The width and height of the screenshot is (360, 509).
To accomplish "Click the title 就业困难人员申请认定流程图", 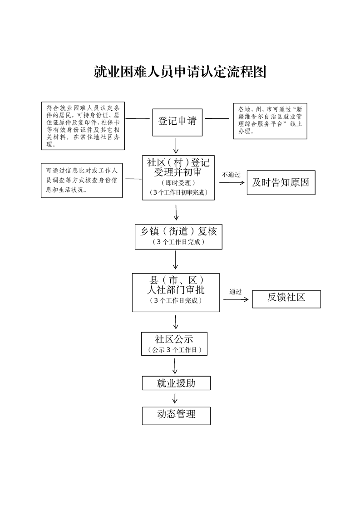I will point(180,72).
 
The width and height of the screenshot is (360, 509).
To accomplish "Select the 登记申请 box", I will point(177,122).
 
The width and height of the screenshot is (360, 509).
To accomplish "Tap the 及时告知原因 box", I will point(281,183).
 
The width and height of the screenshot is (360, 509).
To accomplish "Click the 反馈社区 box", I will point(286,298).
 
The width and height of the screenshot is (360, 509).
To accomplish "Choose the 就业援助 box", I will point(176,383).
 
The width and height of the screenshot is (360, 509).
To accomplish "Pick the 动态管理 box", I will point(176,415).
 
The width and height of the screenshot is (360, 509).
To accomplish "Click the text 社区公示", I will point(175,339).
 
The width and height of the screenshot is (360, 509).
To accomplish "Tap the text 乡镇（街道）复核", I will point(178,231).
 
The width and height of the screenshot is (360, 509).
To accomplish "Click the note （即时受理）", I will point(178,182).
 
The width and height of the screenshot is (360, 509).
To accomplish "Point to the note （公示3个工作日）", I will point(175,350).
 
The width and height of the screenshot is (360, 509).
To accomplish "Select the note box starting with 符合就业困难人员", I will point(83,126).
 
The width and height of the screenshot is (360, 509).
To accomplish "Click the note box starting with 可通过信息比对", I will point(82,181).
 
